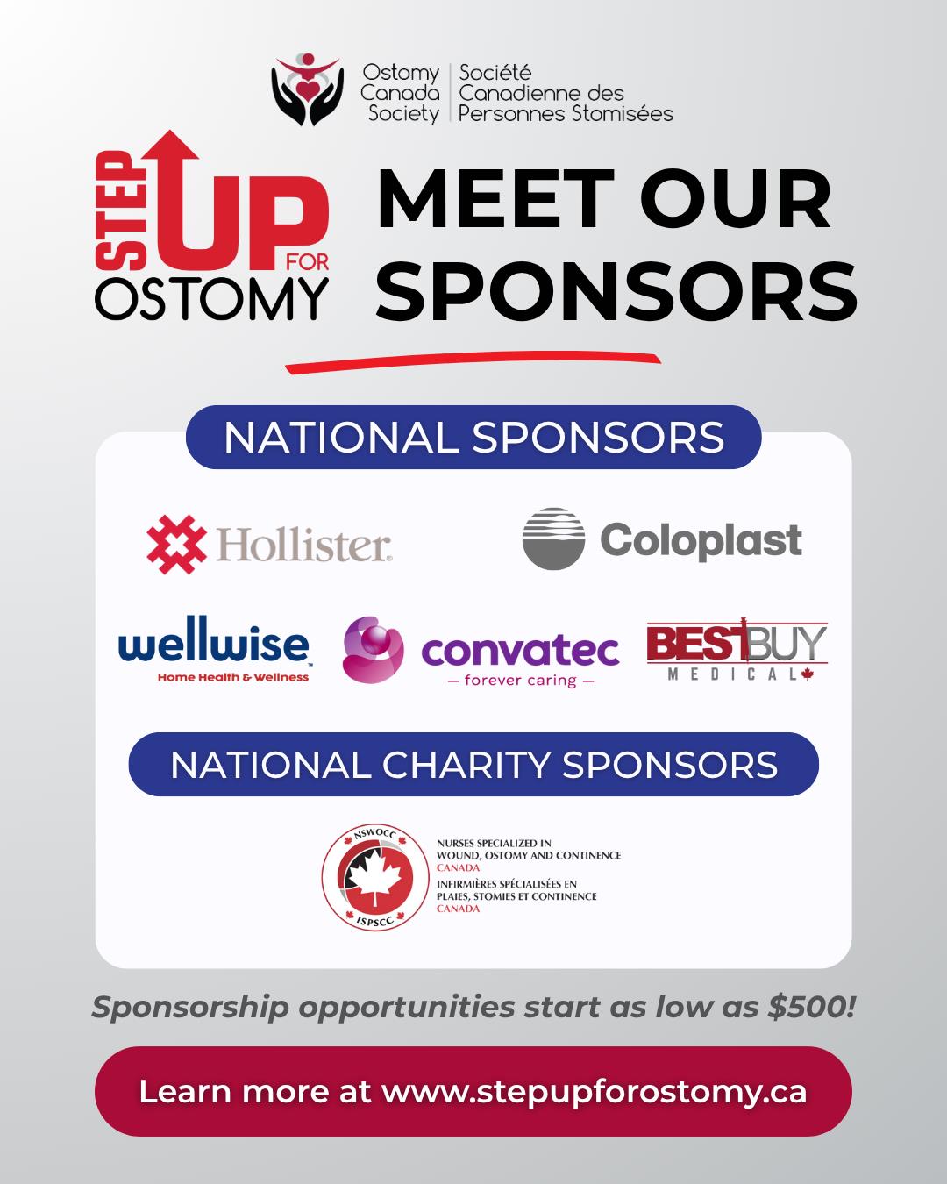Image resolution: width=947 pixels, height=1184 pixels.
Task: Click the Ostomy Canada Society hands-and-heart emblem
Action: [x=308, y=89]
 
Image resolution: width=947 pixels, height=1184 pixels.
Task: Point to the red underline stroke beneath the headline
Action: [x=473, y=360]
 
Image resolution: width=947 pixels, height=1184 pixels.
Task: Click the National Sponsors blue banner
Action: [x=473, y=438]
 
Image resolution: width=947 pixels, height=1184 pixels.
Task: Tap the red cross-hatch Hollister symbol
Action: [x=176, y=544]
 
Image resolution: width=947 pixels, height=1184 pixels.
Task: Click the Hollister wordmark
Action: [x=304, y=545]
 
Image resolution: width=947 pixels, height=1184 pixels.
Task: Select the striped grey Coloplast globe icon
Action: [x=553, y=539]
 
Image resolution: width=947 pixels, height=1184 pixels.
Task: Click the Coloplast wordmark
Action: [x=701, y=540]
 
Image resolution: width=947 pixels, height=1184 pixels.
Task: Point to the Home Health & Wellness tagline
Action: [x=232, y=677]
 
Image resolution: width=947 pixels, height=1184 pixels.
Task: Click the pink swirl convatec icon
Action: [x=373, y=649]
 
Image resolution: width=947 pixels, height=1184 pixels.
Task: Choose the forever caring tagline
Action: [x=521, y=681]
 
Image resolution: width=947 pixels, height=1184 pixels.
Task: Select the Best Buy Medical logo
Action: [x=737, y=649]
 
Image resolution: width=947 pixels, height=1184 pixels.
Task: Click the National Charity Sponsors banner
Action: [x=473, y=765]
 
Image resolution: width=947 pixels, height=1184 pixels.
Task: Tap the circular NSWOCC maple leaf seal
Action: [x=375, y=878]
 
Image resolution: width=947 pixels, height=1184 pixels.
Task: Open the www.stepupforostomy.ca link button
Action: [x=473, y=1092]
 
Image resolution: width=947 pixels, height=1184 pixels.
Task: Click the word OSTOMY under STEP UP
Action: [x=212, y=299]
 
